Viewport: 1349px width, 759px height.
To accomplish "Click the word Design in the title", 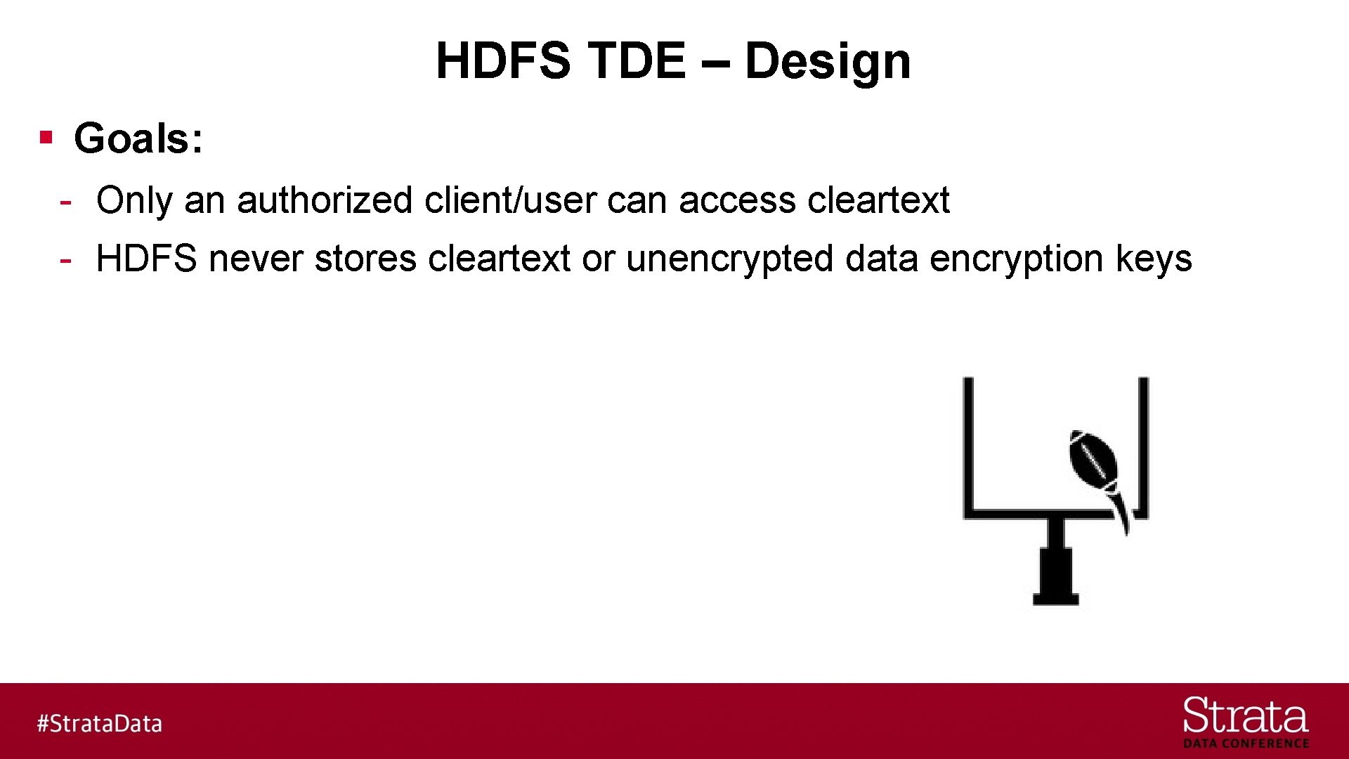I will coord(827,61).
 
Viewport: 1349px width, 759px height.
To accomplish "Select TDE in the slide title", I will coord(637,60).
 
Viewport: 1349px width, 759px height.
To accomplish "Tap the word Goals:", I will coord(138,138).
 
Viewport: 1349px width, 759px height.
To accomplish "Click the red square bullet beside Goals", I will coord(47,136).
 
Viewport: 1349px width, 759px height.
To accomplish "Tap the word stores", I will coord(365,259).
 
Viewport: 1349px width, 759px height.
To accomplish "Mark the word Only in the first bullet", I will coord(134,200).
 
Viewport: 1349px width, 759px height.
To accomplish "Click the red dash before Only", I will coord(65,202).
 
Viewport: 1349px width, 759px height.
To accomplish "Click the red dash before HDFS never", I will coord(65,260).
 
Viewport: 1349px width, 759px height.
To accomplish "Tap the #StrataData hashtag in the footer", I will coord(100,723).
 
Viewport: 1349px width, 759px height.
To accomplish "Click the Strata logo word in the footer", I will coord(1245,717).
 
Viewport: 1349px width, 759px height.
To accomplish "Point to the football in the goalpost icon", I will coord(1093,460).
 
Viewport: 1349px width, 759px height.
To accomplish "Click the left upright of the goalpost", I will coord(968,443).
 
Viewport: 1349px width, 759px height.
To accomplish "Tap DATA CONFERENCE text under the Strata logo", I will coord(1246,744).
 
